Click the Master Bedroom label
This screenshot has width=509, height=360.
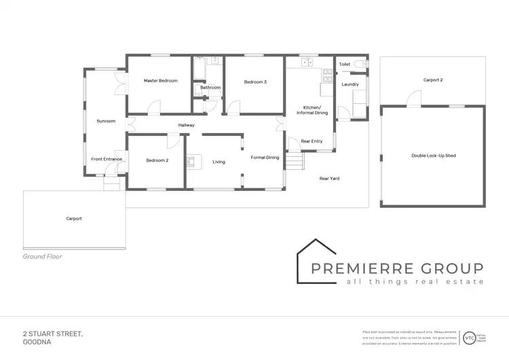coord(161,81)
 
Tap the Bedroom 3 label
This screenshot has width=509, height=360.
coord(255,82)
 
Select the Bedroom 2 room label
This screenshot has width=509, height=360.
coord(157,161)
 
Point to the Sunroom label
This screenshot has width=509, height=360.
coord(106,121)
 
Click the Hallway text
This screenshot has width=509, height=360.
coord(187,125)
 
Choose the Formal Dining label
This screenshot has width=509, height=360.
coord(265,158)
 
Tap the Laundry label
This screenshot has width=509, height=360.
coord(350,84)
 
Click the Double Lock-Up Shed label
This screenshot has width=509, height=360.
coord(433,156)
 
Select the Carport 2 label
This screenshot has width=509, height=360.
coord(433,79)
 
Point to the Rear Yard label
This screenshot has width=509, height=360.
coord(330,179)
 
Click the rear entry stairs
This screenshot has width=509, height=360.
coord(293,161)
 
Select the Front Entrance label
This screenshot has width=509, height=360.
coord(107,159)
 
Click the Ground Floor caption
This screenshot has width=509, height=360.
coord(43,257)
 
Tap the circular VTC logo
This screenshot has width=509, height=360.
coord(470,337)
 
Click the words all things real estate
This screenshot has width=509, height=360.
coord(415,281)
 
